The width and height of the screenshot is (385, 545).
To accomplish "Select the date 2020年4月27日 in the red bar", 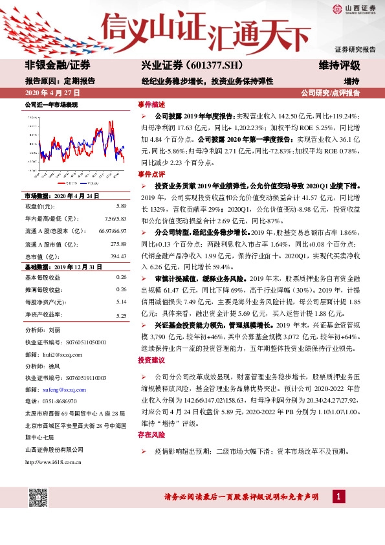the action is pyautogui.click(x=46, y=93).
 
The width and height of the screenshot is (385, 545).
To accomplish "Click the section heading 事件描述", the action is pyautogui.click(x=151, y=104).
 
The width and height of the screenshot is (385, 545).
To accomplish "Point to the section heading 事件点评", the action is pyautogui.click(x=151, y=175).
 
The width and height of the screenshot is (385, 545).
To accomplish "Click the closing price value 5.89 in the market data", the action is pyautogui.click(x=121, y=206).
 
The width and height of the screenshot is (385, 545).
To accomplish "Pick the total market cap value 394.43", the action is pyautogui.click(x=118, y=257).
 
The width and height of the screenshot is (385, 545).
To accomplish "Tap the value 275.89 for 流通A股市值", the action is pyautogui.click(x=118, y=244).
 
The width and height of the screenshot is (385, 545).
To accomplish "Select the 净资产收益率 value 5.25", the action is pyautogui.click(x=121, y=315).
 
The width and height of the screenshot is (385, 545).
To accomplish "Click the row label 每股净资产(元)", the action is pyautogui.click(x=45, y=302).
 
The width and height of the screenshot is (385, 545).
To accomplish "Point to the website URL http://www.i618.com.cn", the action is pyautogui.click(x=53, y=462).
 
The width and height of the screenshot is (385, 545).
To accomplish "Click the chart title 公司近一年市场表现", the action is pyautogui.click(x=51, y=104).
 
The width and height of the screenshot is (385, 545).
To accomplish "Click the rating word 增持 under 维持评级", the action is pyautogui.click(x=351, y=81).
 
